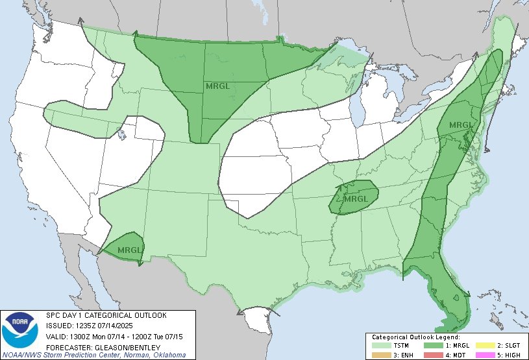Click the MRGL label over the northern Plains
click(217, 85)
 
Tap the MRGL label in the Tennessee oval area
click(355, 199)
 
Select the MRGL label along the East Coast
click(460, 125)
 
